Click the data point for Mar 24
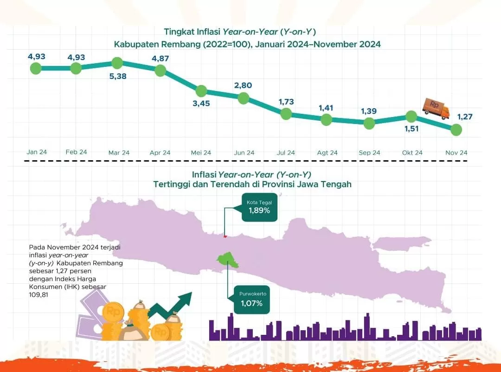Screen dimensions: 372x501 [117, 63]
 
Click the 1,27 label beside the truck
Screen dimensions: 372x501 [464, 117]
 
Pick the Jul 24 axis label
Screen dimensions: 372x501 [286, 152]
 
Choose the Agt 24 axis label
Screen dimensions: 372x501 [327, 152]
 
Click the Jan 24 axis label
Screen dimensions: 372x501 [37, 152]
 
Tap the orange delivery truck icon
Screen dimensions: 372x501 [436, 108]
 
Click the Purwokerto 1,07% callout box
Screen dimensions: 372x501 [251, 300]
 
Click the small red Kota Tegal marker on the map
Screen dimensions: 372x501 [225, 236]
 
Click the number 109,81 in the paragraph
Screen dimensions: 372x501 [38, 294]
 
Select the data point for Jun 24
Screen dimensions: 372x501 [244, 98]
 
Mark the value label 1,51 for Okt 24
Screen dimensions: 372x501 [411, 129]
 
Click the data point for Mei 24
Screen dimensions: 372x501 [201, 91]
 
